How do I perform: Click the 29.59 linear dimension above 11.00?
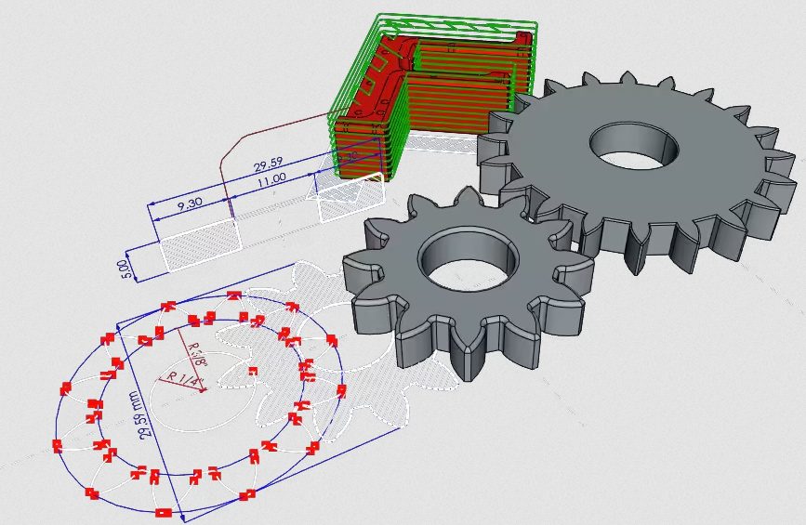[x=267, y=168]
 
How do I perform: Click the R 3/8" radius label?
[x=196, y=354]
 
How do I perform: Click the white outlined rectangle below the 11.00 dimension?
[x=350, y=198]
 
